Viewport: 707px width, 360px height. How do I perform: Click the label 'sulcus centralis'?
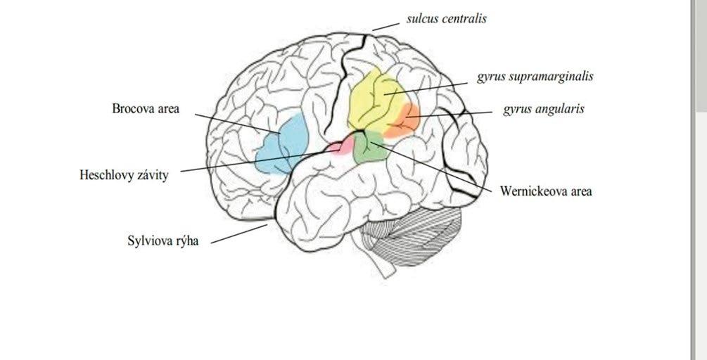446,19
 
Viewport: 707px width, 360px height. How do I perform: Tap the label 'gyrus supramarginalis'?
535,77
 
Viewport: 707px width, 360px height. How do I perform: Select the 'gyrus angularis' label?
543,110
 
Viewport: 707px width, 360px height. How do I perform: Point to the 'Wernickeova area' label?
546,191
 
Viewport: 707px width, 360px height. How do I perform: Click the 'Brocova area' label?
146,109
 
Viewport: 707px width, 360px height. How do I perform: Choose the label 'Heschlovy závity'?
124,175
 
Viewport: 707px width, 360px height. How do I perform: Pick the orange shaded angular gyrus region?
405,120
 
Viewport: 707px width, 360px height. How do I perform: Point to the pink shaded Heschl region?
342,148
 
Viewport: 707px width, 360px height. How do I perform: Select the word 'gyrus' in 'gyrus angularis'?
517,110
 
